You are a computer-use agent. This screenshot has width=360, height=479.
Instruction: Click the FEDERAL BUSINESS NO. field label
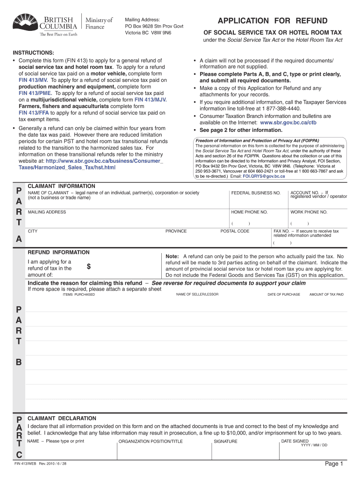click(256, 193)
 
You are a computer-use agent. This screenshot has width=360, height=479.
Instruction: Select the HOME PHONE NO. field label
click(249, 212)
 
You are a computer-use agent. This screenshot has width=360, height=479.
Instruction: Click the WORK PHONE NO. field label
click(309, 212)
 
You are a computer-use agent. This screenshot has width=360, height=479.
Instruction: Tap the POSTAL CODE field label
click(235, 231)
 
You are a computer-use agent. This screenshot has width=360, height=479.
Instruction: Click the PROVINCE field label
click(176, 231)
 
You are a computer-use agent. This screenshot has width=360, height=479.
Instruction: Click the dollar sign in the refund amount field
click(89, 267)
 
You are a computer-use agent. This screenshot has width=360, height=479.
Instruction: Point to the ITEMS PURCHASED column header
click(79, 294)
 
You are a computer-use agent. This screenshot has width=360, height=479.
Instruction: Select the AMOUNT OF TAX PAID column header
click(326, 294)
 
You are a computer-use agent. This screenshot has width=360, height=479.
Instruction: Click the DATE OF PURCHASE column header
click(284, 294)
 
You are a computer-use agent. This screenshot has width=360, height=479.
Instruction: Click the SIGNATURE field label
click(225, 441)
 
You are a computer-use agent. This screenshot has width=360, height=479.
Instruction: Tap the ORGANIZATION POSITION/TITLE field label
click(151, 441)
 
